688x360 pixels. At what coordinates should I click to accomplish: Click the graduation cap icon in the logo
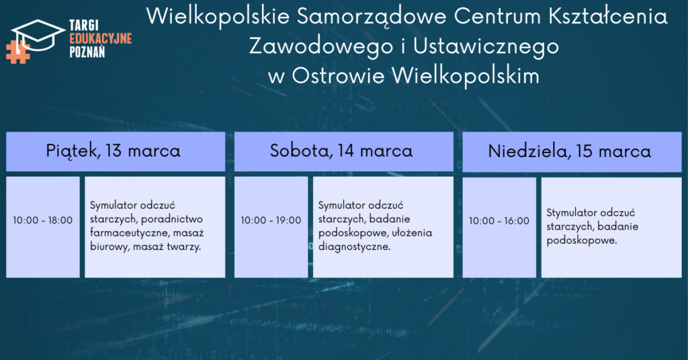(x=38, y=34)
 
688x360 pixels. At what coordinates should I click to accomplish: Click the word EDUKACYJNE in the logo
(x=101, y=38)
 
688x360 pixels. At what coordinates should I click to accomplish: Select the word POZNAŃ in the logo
(x=87, y=52)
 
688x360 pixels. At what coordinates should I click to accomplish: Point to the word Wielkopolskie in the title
(x=218, y=17)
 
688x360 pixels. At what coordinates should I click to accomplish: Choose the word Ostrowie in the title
(x=338, y=75)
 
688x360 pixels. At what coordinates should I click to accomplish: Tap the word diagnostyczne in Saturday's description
(x=354, y=247)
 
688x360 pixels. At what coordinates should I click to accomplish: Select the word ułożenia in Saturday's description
(x=412, y=233)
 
